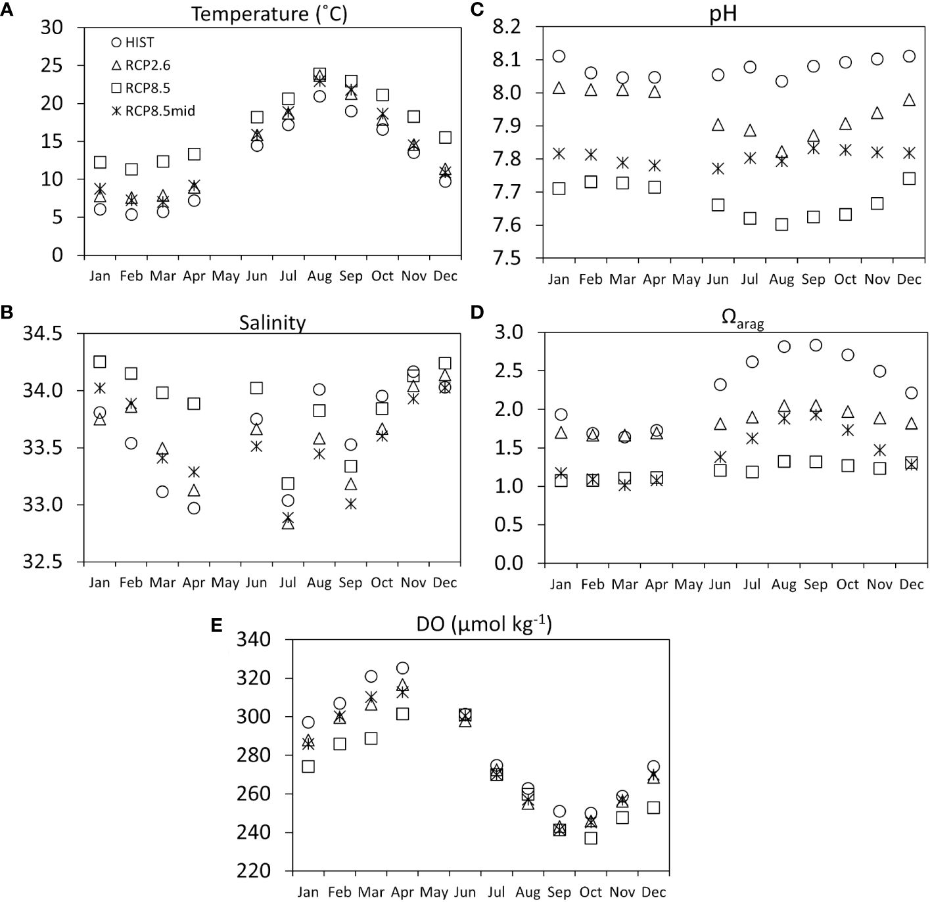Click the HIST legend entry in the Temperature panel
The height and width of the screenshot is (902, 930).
[x=133, y=43]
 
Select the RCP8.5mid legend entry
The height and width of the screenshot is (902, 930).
[x=152, y=111]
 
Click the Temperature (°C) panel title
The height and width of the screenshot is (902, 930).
[x=269, y=14]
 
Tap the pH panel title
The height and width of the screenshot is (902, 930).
[x=722, y=14]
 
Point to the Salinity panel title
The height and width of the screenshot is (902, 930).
[x=272, y=323]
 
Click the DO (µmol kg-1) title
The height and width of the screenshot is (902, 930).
[x=484, y=624]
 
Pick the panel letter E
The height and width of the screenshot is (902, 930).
[x=216, y=625]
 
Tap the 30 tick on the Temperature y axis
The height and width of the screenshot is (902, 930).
[x=52, y=28]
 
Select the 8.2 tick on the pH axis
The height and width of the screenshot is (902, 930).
[x=507, y=27]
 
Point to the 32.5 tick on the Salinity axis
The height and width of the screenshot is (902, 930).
[x=43, y=562]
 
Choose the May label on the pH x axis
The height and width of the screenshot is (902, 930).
[x=686, y=280]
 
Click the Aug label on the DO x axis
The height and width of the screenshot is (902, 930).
[x=528, y=892]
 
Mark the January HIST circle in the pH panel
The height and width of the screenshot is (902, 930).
[x=559, y=56]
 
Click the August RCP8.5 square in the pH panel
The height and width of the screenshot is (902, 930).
[x=781, y=225]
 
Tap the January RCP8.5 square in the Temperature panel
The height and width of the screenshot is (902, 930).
[x=100, y=162]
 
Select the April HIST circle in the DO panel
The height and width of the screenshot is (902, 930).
[x=402, y=668]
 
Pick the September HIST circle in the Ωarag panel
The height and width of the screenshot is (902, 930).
[x=816, y=345]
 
